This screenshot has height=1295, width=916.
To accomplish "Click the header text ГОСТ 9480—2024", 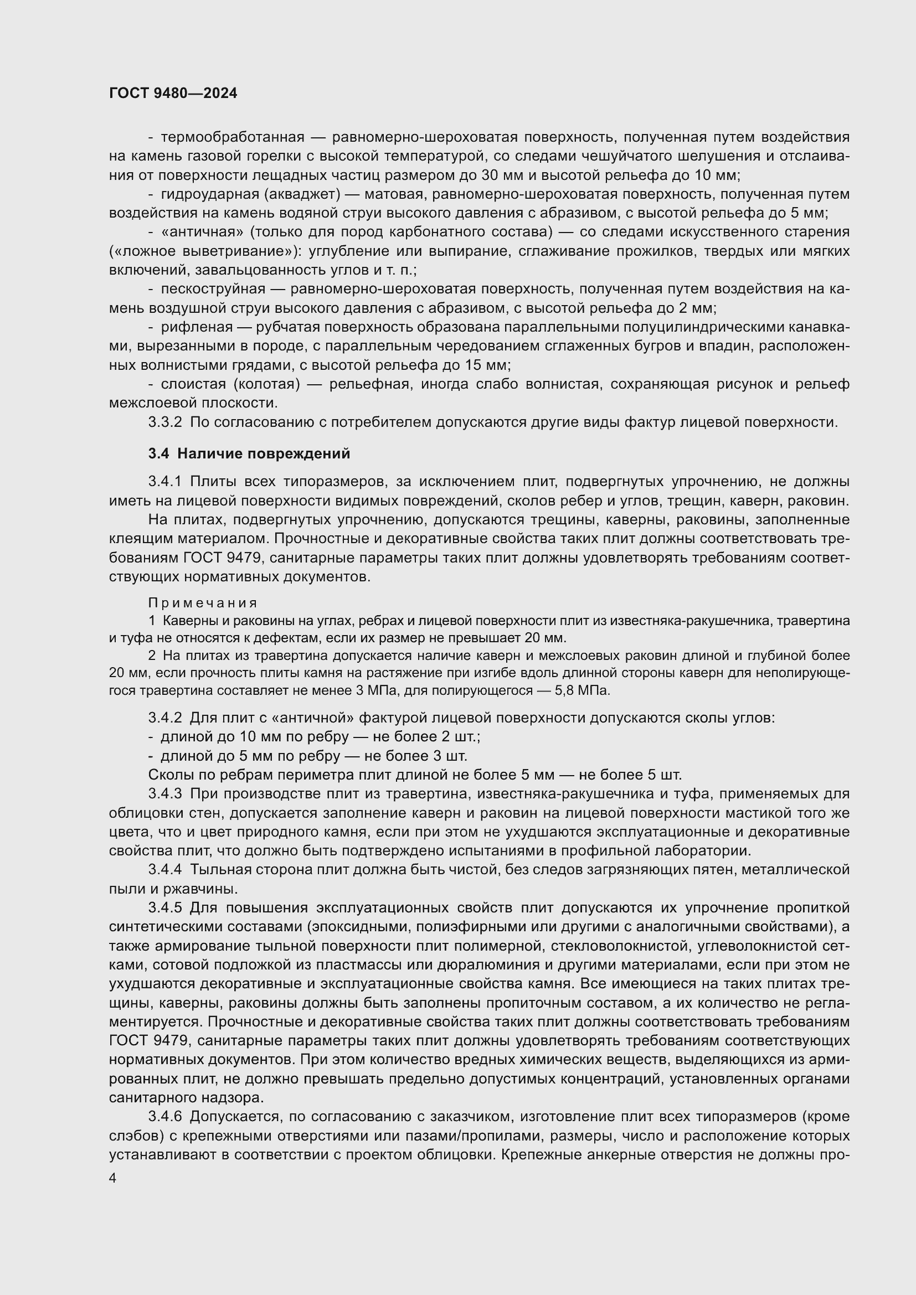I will (x=173, y=94).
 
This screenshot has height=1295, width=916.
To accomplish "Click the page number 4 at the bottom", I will (x=113, y=1178).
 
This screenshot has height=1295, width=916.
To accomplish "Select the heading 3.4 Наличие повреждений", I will (x=249, y=453).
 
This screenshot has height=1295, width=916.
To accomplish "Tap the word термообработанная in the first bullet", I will (x=233, y=137).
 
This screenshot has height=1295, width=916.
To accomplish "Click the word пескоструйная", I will (x=213, y=290).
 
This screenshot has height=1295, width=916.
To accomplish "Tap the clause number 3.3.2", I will (x=164, y=422).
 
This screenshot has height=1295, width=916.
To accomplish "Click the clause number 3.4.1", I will (x=164, y=482).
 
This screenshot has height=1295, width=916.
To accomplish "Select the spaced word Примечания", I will (x=203, y=603).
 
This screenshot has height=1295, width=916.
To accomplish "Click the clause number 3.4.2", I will (x=164, y=718).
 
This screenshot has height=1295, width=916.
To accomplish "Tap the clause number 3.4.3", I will (x=164, y=793).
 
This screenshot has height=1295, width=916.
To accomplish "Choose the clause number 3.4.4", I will (x=164, y=870).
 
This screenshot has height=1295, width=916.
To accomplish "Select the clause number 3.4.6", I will (x=164, y=1116).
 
